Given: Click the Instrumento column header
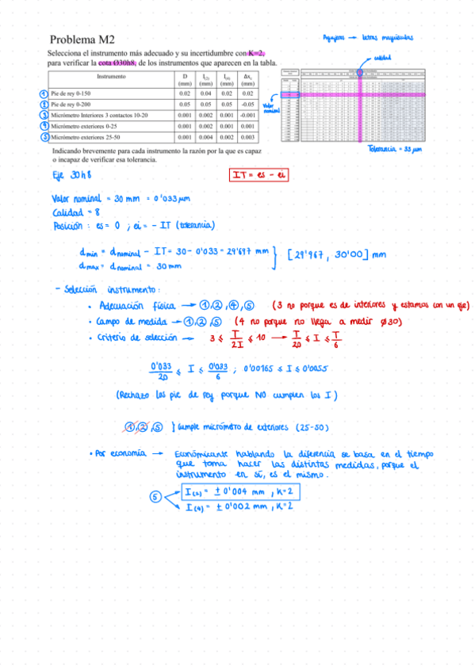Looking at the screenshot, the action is [110, 77].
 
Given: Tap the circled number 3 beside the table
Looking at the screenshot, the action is [42, 115].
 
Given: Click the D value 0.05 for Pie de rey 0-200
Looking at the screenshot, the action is [185, 104].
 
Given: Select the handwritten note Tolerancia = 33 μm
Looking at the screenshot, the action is [400, 148].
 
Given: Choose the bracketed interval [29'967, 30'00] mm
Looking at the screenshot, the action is [336, 254].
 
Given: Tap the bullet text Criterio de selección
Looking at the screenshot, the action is [136, 337].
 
